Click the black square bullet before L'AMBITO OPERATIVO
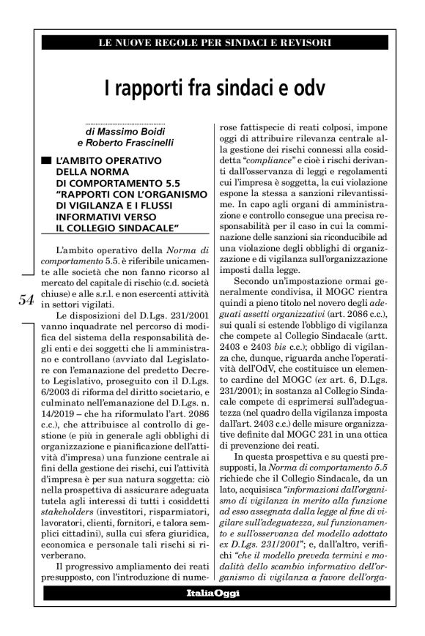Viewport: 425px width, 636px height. (46, 159)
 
